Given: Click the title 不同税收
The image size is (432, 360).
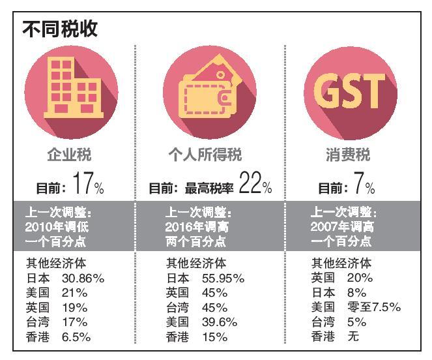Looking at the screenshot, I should click(61, 29).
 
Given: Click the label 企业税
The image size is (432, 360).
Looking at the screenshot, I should click(70, 155).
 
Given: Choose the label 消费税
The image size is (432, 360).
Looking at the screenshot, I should click(347, 155).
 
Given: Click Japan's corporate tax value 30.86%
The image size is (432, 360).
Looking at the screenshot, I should click(84, 278).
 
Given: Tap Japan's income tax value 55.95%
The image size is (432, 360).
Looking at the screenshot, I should click(223, 278).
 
